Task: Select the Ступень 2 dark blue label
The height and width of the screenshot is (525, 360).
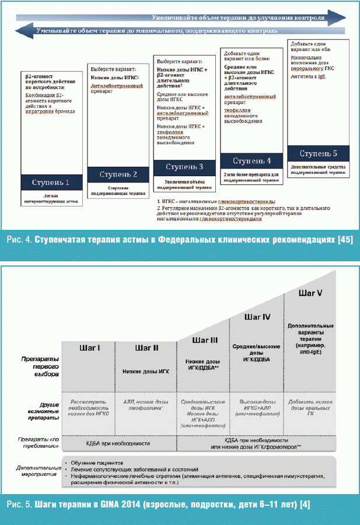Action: click(x=118, y=174)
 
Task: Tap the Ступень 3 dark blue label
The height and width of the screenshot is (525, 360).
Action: click(x=184, y=167)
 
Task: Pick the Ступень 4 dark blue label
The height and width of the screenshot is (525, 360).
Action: click(x=251, y=160)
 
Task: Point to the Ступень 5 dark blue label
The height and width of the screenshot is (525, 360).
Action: click(x=319, y=153)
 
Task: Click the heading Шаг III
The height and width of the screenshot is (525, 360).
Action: click(x=204, y=339)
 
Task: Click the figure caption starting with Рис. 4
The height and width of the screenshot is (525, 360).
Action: click(x=180, y=240)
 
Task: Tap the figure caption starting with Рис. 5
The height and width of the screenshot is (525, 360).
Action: click(x=180, y=503)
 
